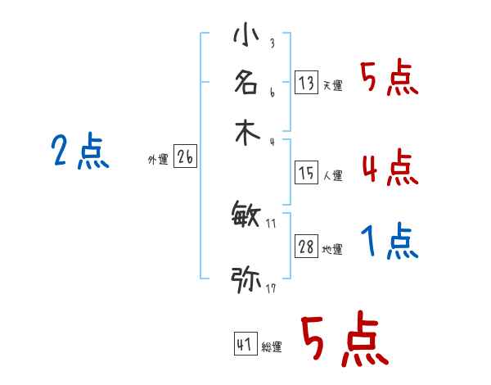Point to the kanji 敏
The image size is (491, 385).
(246, 215)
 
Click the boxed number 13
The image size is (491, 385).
(307, 82)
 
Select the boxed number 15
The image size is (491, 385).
(307, 173)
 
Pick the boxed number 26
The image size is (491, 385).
(185, 158)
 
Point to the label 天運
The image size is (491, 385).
(332, 85)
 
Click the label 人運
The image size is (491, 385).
(332, 175)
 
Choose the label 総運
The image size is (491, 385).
(272, 347)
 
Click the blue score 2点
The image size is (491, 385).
(80, 152)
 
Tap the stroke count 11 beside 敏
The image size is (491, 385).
(272, 222)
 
